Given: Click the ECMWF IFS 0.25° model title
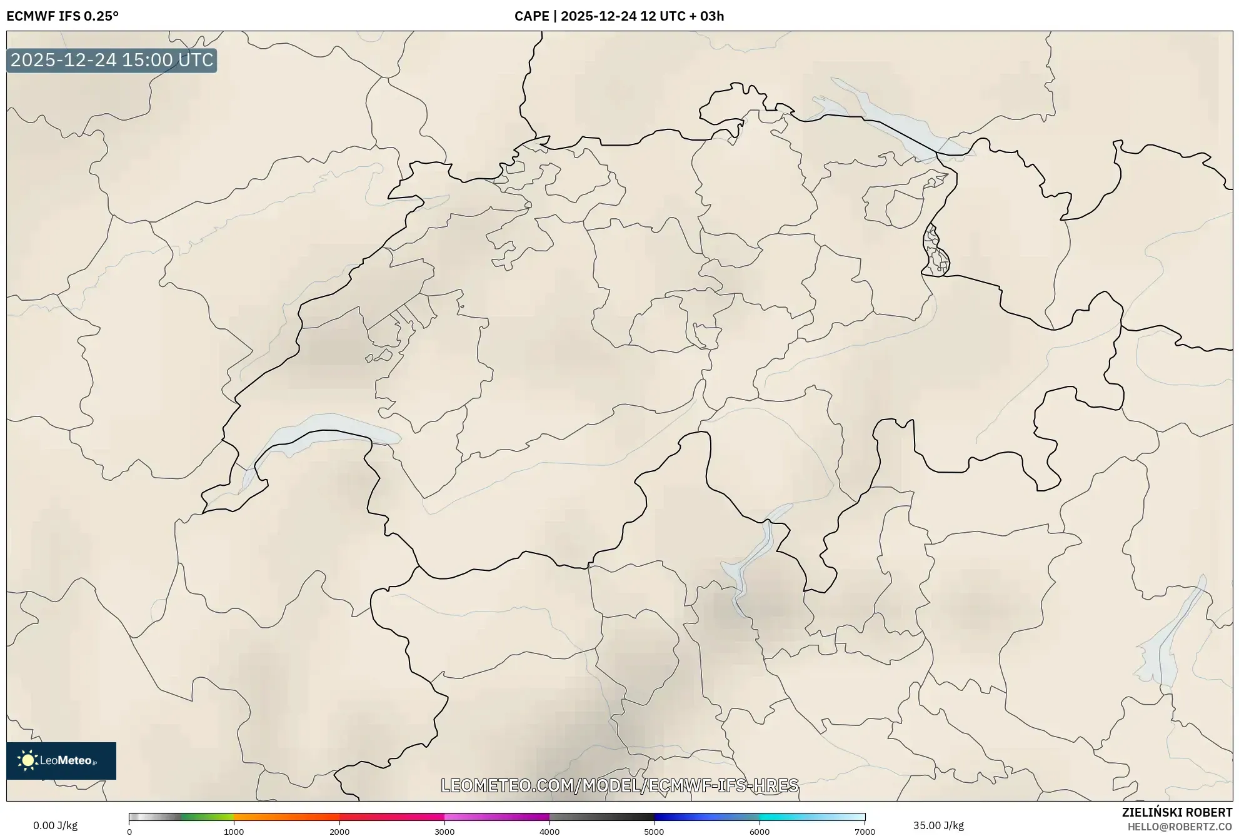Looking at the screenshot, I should point(63,16).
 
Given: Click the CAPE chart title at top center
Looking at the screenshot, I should point(619,16).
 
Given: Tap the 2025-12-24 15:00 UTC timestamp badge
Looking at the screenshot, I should point(112,60).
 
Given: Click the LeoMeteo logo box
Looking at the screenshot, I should point(61,760).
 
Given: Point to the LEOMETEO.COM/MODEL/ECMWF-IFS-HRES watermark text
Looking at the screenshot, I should point(619,785).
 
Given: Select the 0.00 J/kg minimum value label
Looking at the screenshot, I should point(55,825).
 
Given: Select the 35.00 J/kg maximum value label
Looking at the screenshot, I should point(938,825).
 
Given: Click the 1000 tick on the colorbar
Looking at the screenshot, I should point(234,832).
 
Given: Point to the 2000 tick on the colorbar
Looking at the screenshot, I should point(339,832).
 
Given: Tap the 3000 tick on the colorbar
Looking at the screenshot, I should point(444,832).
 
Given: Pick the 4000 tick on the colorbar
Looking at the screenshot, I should point(549,832).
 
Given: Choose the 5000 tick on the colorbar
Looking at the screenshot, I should point(655,832).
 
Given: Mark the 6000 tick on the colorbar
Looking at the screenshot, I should point(760,832).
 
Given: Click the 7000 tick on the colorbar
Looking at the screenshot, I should point(865,832).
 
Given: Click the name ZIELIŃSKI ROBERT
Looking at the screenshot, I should point(1177,812).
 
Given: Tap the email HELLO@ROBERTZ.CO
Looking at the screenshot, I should point(1180,827).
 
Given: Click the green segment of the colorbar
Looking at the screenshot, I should point(206,817).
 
